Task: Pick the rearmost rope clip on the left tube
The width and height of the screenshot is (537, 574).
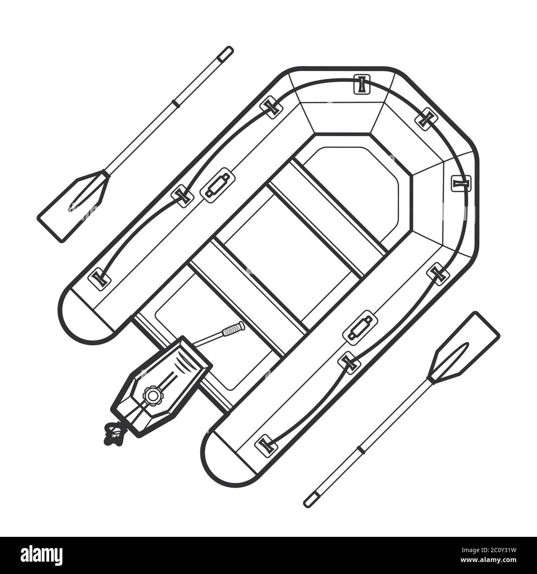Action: [99, 277]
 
